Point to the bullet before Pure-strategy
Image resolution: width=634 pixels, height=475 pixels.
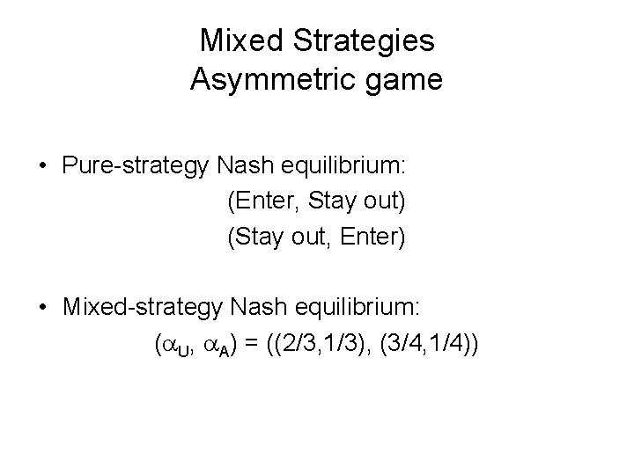42,165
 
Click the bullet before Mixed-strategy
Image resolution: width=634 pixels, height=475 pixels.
42,307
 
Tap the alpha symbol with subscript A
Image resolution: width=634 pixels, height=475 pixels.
221,344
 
